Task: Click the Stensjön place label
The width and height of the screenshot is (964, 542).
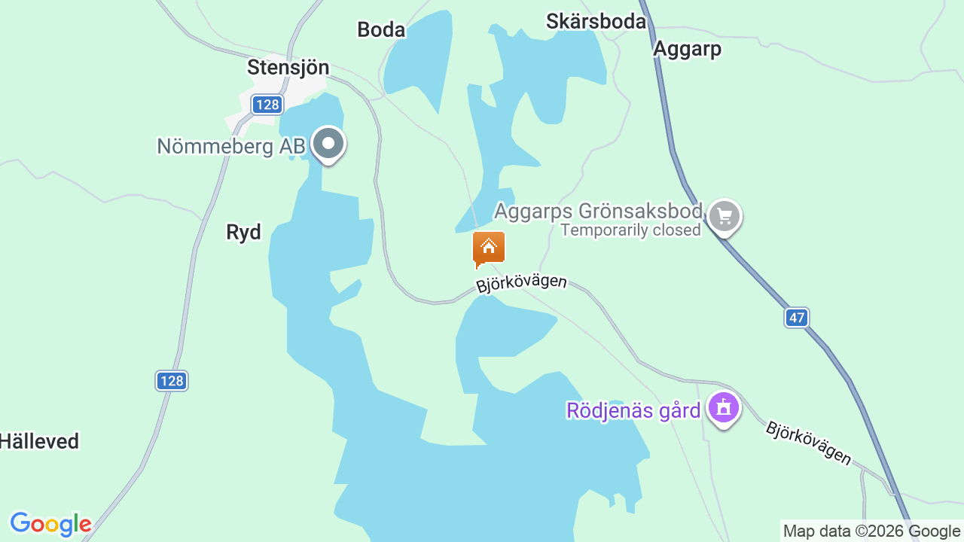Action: (288, 67)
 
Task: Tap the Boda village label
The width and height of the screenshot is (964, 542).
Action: (381, 29)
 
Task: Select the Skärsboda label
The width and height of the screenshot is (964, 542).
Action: (596, 21)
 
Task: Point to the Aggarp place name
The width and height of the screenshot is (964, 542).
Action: (687, 49)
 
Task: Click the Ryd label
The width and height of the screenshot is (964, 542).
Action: (243, 233)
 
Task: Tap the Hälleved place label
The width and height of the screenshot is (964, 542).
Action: (39, 441)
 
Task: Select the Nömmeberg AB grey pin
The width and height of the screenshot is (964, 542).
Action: (328, 143)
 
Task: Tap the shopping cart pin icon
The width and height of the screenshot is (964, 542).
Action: (725, 217)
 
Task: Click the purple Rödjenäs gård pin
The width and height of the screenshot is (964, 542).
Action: (724, 408)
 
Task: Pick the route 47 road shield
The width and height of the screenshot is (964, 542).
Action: (797, 318)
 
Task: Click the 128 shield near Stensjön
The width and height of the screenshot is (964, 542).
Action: (267, 105)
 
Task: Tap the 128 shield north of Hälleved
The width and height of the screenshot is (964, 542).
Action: (172, 381)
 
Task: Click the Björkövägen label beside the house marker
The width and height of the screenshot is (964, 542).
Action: (521, 283)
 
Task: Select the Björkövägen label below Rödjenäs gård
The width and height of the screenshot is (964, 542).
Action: (808, 443)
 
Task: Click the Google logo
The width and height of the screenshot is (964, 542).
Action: (50, 524)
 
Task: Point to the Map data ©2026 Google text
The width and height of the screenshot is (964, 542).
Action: (871, 531)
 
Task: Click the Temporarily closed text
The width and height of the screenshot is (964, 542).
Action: (630, 230)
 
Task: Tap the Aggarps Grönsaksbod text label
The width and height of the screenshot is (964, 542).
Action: (598, 211)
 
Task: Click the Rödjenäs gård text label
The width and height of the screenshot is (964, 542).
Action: (633, 410)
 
